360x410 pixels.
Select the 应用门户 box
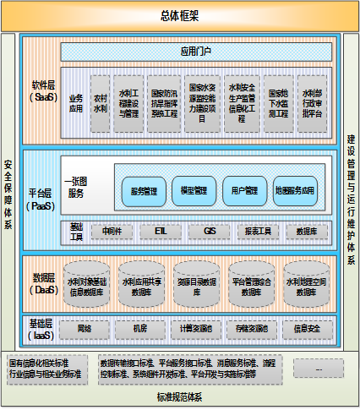click(199, 52)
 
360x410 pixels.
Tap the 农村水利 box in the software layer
click(100, 103)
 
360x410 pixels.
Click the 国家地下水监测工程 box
click(278, 103)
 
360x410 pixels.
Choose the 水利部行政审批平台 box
click(310, 103)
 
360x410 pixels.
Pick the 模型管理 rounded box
click(194, 191)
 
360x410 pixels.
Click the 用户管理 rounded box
click(245, 191)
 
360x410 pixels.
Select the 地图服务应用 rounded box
click(295, 191)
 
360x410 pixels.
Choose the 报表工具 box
click(258, 230)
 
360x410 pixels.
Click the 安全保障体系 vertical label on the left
click(8, 195)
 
